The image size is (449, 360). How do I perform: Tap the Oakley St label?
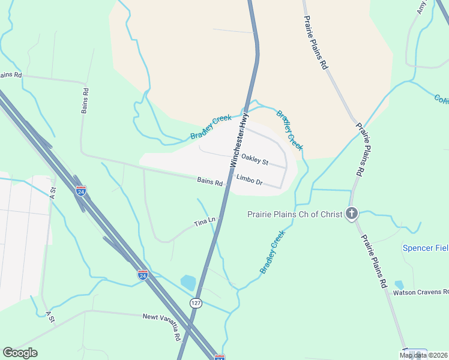click(255, 159)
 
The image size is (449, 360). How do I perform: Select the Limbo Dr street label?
click(250, 179)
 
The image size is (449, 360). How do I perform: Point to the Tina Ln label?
click(204, 223)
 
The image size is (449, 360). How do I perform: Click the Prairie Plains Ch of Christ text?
click(295, 214)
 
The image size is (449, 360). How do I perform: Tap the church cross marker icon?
click(352, 214)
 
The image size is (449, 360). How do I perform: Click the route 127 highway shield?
click(196, 304)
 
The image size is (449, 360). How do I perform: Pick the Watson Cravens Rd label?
click(420, 293)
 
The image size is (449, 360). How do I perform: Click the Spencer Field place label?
click(426, 248)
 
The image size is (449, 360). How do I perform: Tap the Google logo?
click(20, 352)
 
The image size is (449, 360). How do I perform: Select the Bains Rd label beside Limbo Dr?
click(209, 181)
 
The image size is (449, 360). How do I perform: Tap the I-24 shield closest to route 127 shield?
click(143, 275)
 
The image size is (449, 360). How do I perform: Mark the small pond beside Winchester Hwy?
click(188, 283)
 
